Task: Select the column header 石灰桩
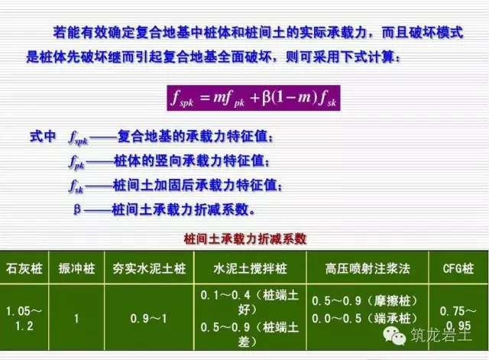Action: (x=24, y=269)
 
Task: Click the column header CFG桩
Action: (x=458, y=269)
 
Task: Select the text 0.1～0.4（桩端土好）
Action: (x=244, y=300)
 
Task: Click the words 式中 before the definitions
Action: (x=44, y=138)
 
